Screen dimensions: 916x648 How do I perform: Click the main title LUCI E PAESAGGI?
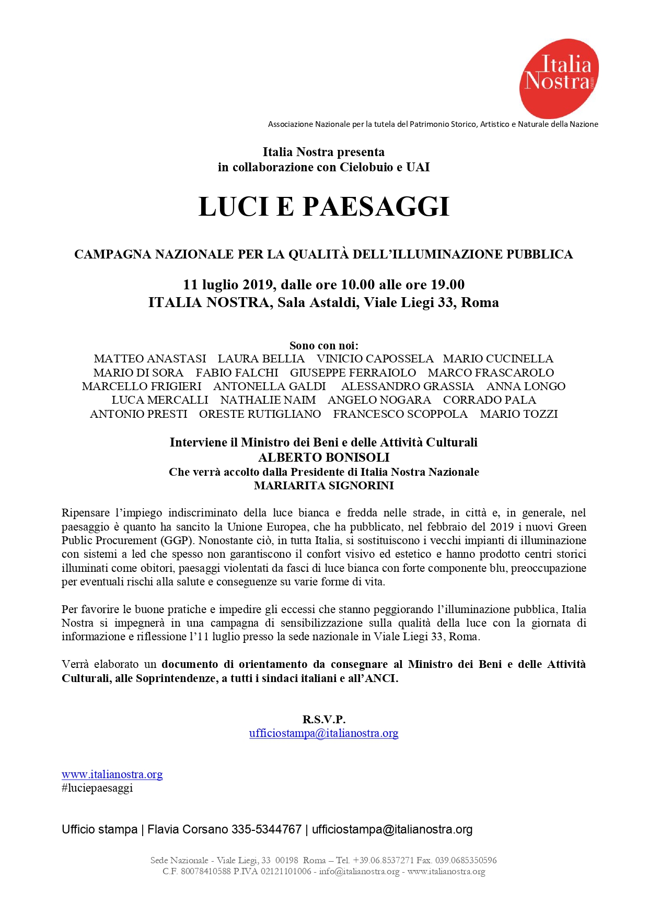click(323, 206)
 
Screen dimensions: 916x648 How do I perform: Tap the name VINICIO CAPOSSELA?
click(375, 359)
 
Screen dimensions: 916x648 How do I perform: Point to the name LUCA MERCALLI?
click(160, 400)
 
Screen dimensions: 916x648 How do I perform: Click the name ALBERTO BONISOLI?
click(323, 457)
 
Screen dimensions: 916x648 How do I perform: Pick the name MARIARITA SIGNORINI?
click(323, 486)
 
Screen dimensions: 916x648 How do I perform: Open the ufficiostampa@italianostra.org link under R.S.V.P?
click(323, 733)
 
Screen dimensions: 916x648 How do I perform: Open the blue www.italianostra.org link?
click(112, 774)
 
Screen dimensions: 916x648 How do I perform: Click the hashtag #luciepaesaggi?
click(97, 788)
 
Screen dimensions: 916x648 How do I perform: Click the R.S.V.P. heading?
click(323, 719)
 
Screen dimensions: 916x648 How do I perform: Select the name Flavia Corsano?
click(188, 829)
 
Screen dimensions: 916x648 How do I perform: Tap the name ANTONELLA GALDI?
click(269, 386)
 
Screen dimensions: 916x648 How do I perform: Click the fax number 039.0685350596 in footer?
click(468, 860)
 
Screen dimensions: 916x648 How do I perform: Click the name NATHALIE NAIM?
click(268, 400)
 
